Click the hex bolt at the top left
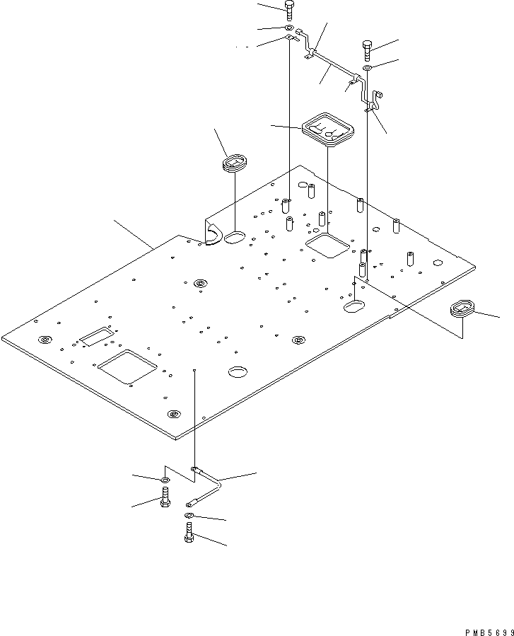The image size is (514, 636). point(290,10)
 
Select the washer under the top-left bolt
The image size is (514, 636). point(290,29)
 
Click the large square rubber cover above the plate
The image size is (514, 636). point(327,129)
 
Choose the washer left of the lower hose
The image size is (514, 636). point(165,481)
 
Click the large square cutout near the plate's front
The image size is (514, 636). point(127,366)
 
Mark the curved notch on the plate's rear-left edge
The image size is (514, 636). point(213,233)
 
